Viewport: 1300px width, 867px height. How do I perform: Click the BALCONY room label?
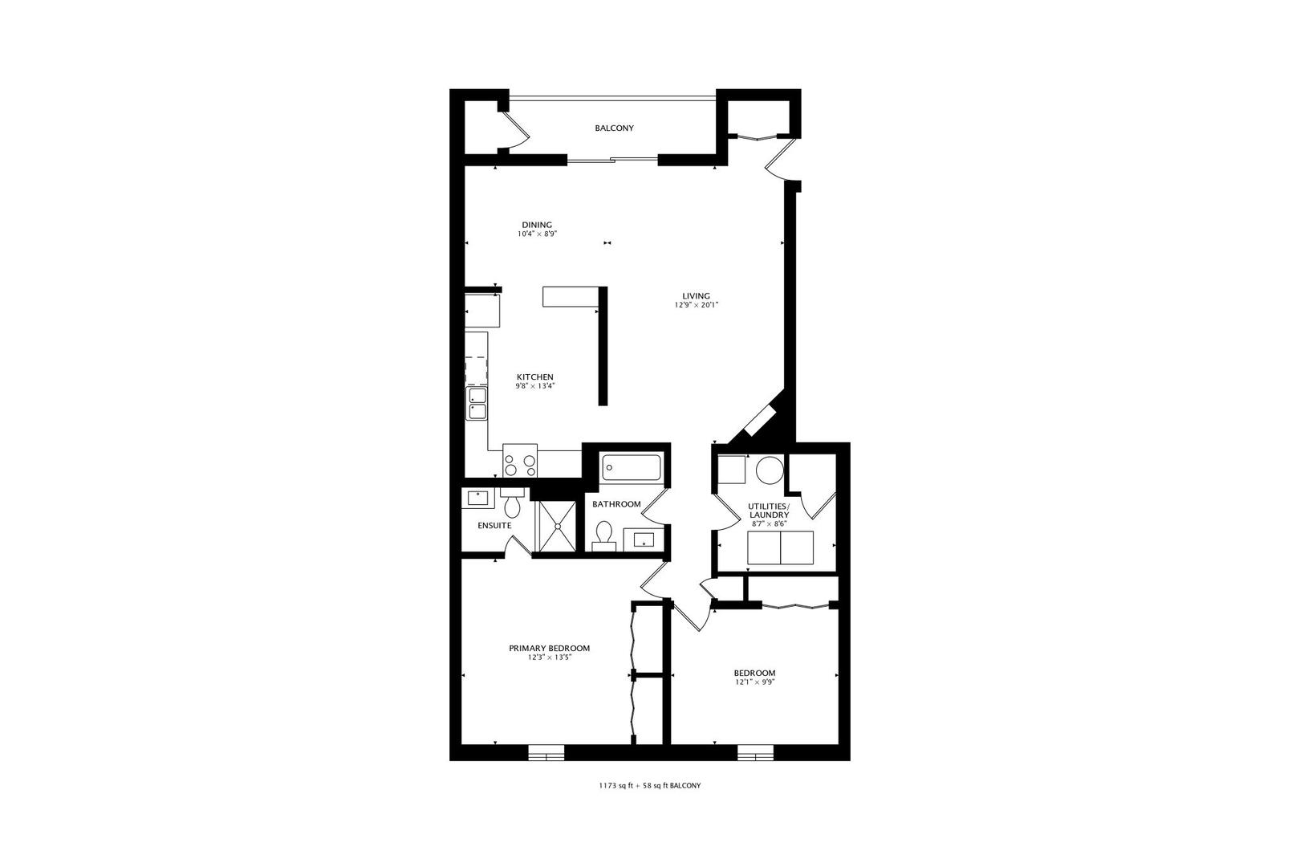coord(614,128)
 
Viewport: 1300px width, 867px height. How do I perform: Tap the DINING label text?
coord(537,225)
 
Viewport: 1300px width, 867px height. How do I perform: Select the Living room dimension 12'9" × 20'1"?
coord(697,305)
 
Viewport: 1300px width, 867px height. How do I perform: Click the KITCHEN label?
coord(535,377)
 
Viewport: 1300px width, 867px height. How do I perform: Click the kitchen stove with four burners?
coord(520,461)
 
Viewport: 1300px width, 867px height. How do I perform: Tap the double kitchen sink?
coord(477,404)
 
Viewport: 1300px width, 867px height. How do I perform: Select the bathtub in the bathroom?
coord(632,468)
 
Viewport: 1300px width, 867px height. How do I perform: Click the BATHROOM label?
coord(616,504)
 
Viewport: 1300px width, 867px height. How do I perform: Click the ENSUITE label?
coord(494,526)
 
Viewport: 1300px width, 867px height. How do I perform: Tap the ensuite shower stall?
coord(557,526)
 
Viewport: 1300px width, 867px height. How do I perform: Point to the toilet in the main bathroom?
coord(604,536)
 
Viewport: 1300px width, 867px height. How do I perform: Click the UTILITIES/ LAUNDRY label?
coord(769,511)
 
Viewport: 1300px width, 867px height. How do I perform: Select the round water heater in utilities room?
coord(770,470)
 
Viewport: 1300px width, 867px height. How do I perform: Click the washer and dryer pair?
coord(781,547)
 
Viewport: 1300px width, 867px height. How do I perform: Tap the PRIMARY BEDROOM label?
coord(549,648)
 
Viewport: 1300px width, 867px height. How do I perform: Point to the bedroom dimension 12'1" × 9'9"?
coord(754,682)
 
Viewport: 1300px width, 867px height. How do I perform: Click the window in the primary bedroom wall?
coord(546,752)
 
